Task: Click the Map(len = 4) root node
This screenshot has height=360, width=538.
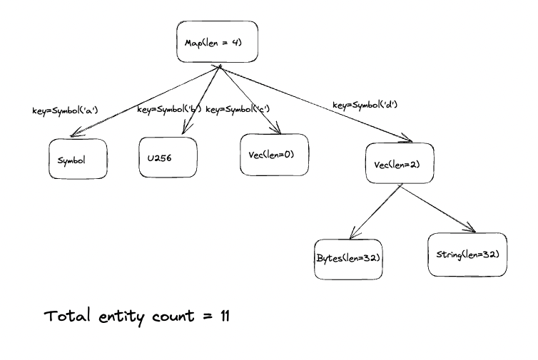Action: point(216,42)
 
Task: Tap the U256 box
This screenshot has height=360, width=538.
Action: point(166,156)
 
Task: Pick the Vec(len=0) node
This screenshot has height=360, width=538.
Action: point(275,154)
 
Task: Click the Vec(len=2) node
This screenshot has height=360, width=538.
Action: point(399,164)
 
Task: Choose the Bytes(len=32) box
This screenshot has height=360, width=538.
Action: point(347,258)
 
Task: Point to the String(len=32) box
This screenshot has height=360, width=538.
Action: point(467,254)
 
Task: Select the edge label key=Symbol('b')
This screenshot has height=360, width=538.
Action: point(168,110)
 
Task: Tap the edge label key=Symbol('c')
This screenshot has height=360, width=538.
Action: point(237,110)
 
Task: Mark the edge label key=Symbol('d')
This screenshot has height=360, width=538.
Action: point(365,105)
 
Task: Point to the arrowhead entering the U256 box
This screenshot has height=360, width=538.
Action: point(186,129)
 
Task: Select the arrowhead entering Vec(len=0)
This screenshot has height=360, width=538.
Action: point(275,128)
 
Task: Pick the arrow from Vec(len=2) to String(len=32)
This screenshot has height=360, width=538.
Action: point(439,208)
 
